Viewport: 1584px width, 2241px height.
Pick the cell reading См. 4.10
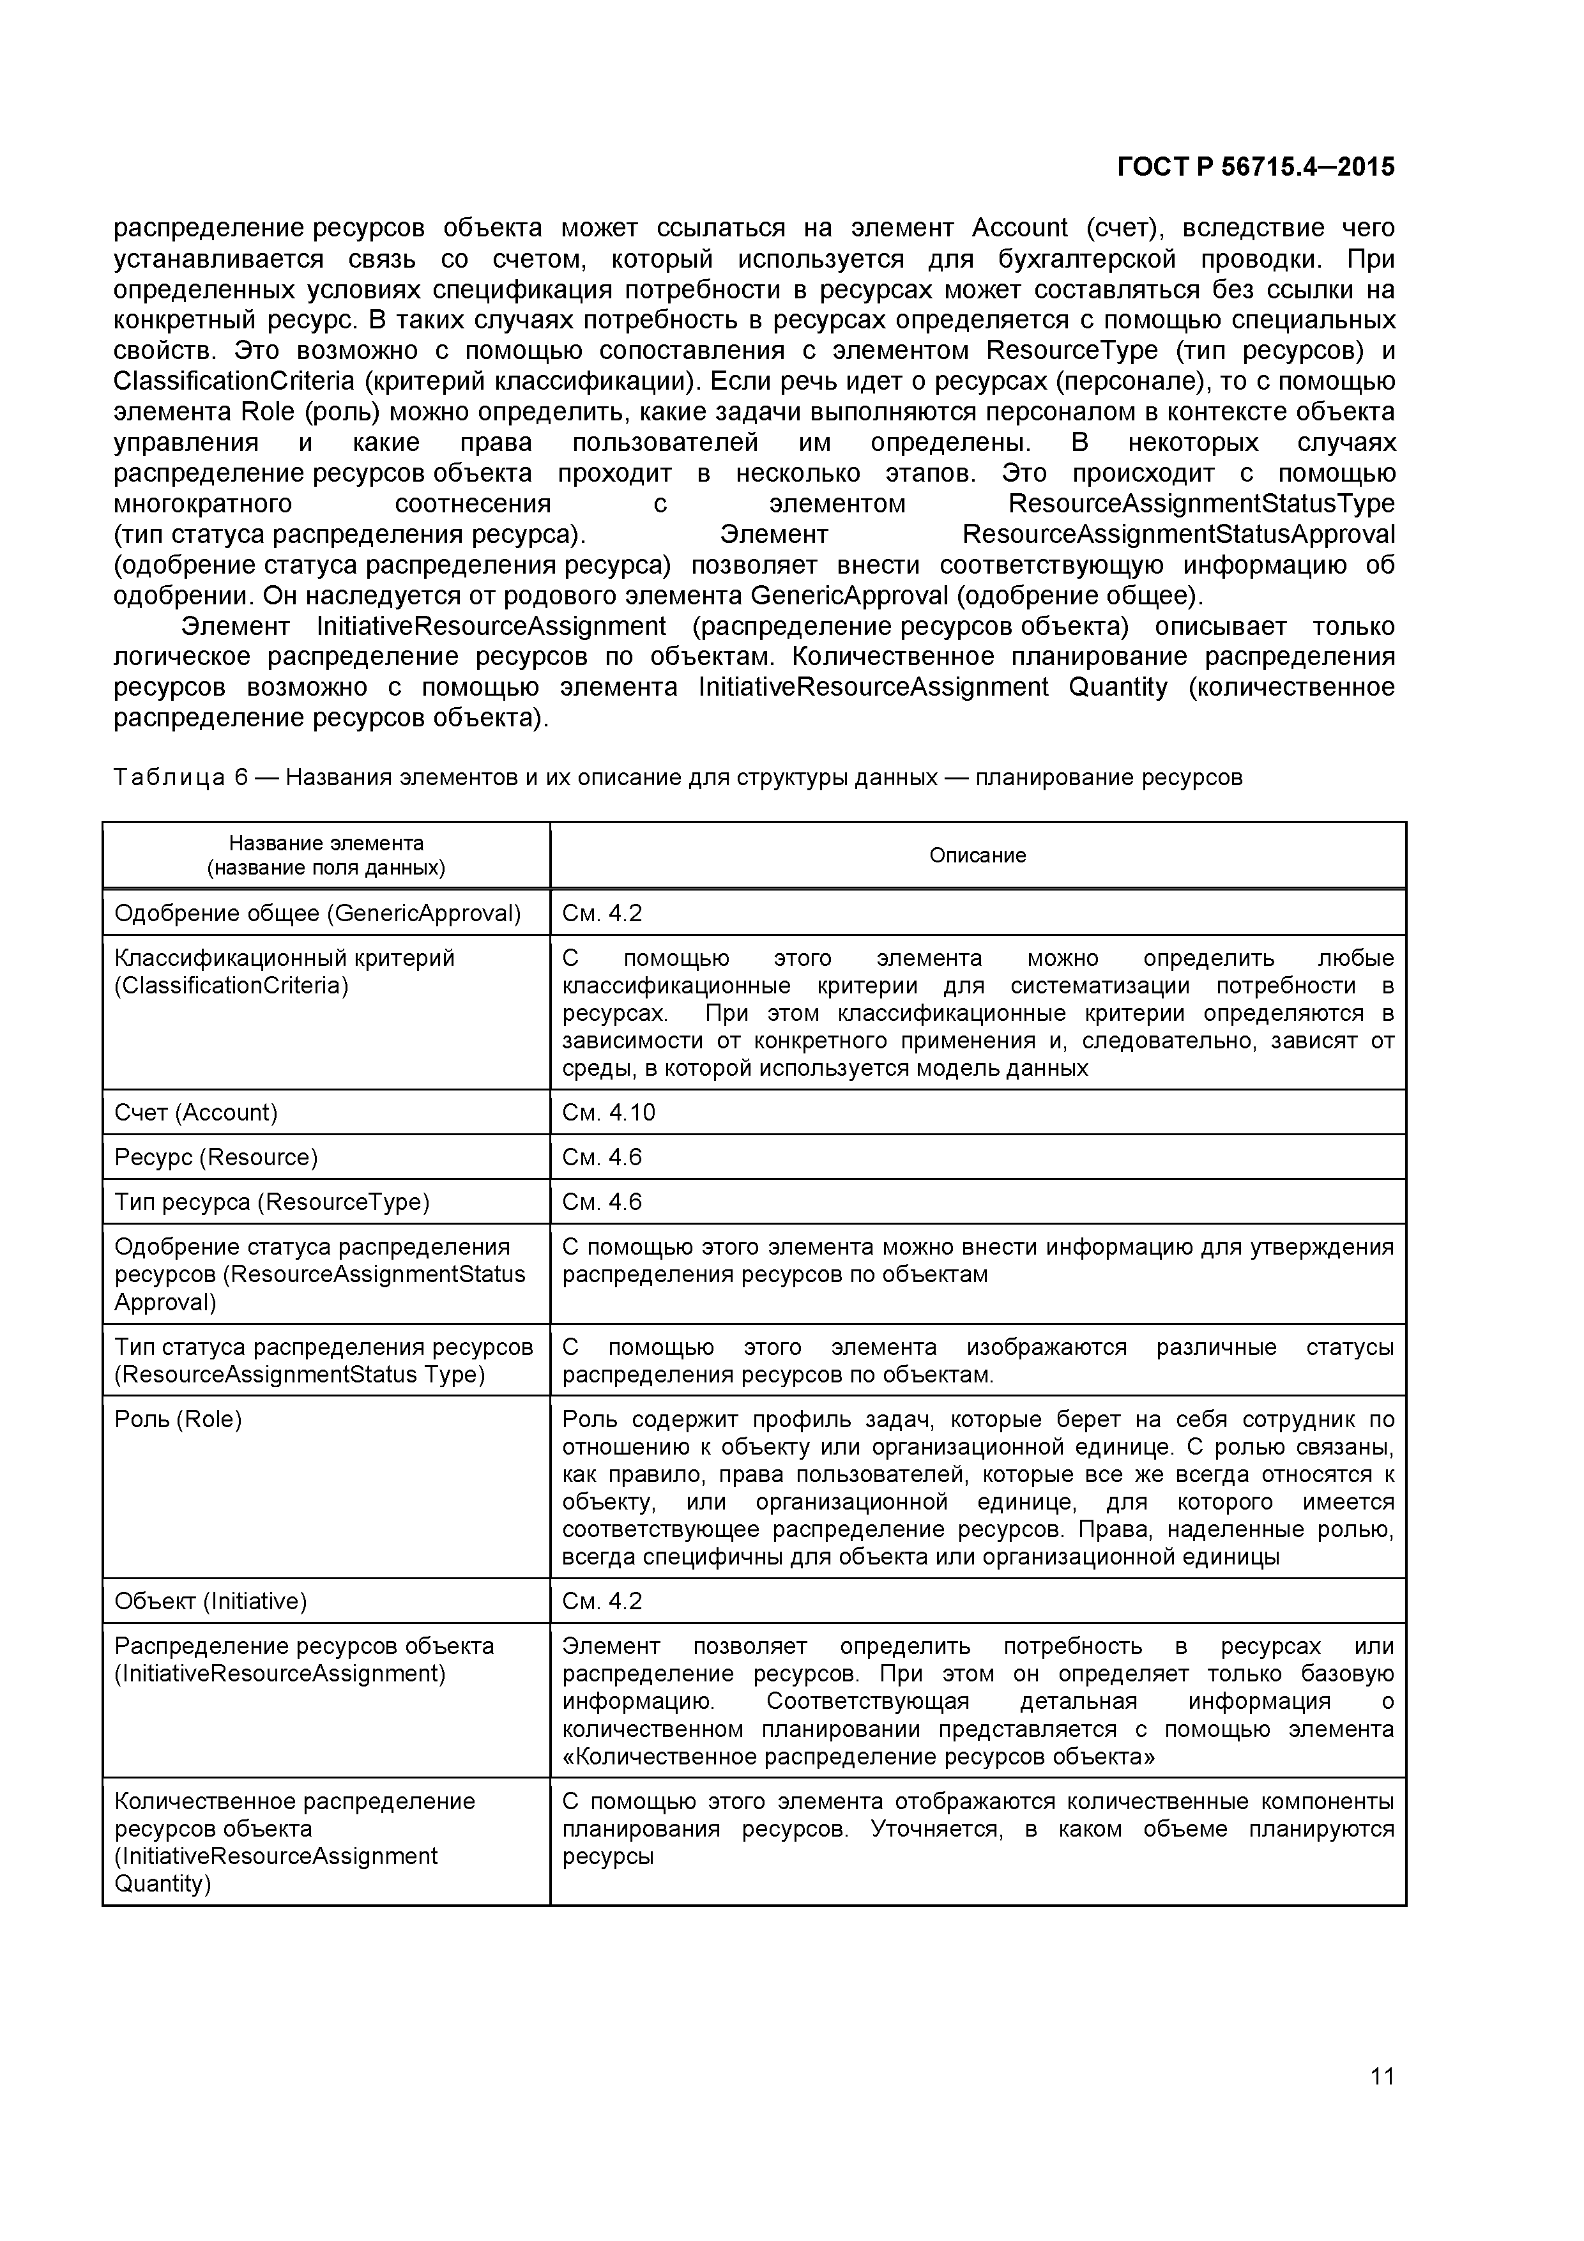(608, 1113)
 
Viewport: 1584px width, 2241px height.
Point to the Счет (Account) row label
(196, 1113)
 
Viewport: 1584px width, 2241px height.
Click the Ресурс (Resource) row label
(216, 1158)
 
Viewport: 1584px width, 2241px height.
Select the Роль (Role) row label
(179, 1419)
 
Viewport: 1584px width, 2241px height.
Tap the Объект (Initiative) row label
(211, 1601)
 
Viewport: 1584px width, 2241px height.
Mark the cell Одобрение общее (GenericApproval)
(317, 914)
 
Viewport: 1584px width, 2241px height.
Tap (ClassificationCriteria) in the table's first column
(231, 986)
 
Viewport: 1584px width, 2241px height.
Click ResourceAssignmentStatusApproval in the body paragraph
(1178, 535)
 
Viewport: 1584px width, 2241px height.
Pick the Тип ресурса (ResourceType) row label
(272, 1202)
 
